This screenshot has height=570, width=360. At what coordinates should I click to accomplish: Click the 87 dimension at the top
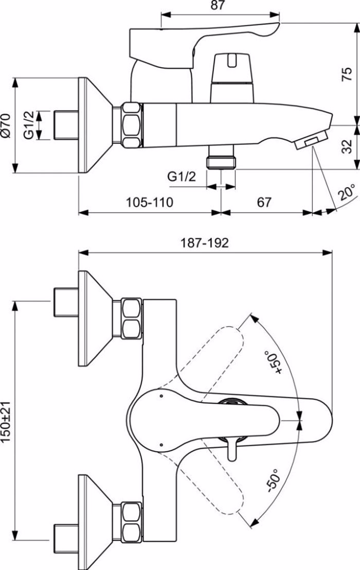coord(218,6)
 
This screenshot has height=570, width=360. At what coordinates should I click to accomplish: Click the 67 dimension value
coord(264,203)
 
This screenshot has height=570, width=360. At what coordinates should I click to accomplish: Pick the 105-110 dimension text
coord(149,203)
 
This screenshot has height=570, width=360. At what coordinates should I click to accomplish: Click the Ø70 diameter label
coord(6,125)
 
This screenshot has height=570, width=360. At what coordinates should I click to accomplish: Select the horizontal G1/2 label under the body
coord(182,177)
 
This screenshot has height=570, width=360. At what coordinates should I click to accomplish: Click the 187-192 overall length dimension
coord(205,243)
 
